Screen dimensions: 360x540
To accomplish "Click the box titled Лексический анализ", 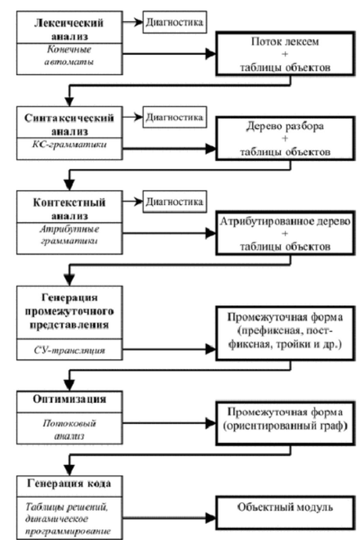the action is (69, 42).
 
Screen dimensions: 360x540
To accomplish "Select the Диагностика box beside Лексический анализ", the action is (175, 22).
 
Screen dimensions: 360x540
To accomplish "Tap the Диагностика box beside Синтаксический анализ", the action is (175, 117).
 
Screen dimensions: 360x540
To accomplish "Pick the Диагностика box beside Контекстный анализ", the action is (175, 202).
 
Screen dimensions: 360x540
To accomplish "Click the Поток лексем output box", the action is (286, 54).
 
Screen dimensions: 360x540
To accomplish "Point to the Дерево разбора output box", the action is (286, 138).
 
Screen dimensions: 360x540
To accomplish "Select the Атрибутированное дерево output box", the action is (286, 233).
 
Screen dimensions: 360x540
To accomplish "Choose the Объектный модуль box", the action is (286, 513).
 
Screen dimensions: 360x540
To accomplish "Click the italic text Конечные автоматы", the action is (69, 56).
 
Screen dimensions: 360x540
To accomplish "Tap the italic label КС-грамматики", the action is (69, 145).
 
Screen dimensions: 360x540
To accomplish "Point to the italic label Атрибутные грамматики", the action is (69, 235).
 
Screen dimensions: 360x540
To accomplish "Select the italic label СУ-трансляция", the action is (69, 350).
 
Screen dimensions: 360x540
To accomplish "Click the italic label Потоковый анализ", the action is (69, 429).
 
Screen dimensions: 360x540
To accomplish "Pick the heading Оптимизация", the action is (69, 399).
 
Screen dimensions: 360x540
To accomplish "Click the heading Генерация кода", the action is (69, 484).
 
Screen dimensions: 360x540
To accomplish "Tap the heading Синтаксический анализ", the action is (69, 124).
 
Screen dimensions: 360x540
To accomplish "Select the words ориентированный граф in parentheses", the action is (284, 426).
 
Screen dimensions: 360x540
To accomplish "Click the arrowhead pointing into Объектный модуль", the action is (211, 517).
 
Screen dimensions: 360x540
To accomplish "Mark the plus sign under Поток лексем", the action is (285, 54).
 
